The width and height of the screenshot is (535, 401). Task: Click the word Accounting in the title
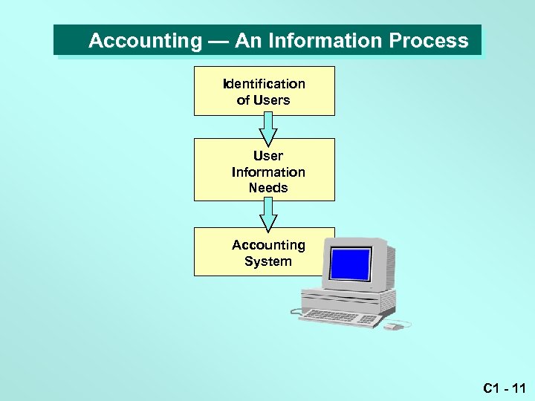click(145, 41)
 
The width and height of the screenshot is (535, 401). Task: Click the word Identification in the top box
click(264, 84)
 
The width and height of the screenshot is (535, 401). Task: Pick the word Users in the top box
click(272, 100)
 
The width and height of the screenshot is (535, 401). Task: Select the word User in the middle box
click(267, 156)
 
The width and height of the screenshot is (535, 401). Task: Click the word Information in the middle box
click(267, 172)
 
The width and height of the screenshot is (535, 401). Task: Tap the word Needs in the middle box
click(267, 188)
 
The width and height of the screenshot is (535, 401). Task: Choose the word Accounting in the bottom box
click(267, 245)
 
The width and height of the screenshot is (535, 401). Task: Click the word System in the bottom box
click(267, 261)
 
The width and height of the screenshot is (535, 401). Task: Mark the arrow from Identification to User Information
click(267, 129)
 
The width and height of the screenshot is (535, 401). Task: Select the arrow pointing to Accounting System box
click(267, 216)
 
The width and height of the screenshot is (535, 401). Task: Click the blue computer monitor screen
click(350, 263)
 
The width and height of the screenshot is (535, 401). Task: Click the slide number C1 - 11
click(504, 388)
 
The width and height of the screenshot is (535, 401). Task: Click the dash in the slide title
click(218, 41)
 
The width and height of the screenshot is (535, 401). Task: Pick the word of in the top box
click(243, 100)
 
